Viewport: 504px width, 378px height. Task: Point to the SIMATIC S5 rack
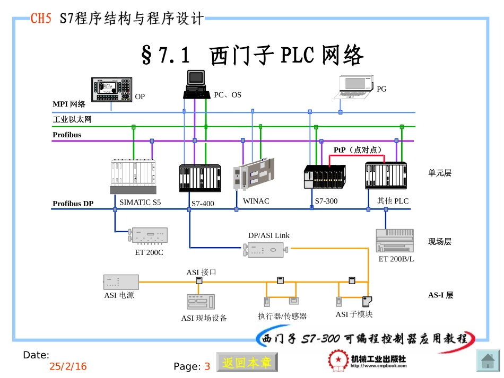coord(134,177)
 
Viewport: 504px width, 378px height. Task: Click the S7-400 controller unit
coord(199,178)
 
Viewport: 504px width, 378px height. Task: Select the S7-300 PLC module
coord(324,177)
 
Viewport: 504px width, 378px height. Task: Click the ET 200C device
coord(149,235)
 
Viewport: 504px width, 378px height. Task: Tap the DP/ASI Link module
coord(266,249)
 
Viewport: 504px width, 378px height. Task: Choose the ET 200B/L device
coord(395,241)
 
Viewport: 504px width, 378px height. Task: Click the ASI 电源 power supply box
coord(121,282)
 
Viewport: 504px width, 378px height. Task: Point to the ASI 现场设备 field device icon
coord(201,302)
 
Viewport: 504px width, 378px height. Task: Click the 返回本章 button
coord(247,363)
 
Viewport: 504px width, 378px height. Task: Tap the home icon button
coord(488,362)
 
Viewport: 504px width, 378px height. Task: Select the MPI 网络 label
coord(69,104)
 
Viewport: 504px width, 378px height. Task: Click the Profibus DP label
coord(73,204)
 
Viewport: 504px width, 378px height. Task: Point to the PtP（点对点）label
coord(358,150)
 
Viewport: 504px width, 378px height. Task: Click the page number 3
coord(207,366)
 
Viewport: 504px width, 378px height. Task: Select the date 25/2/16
coord(68,366)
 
